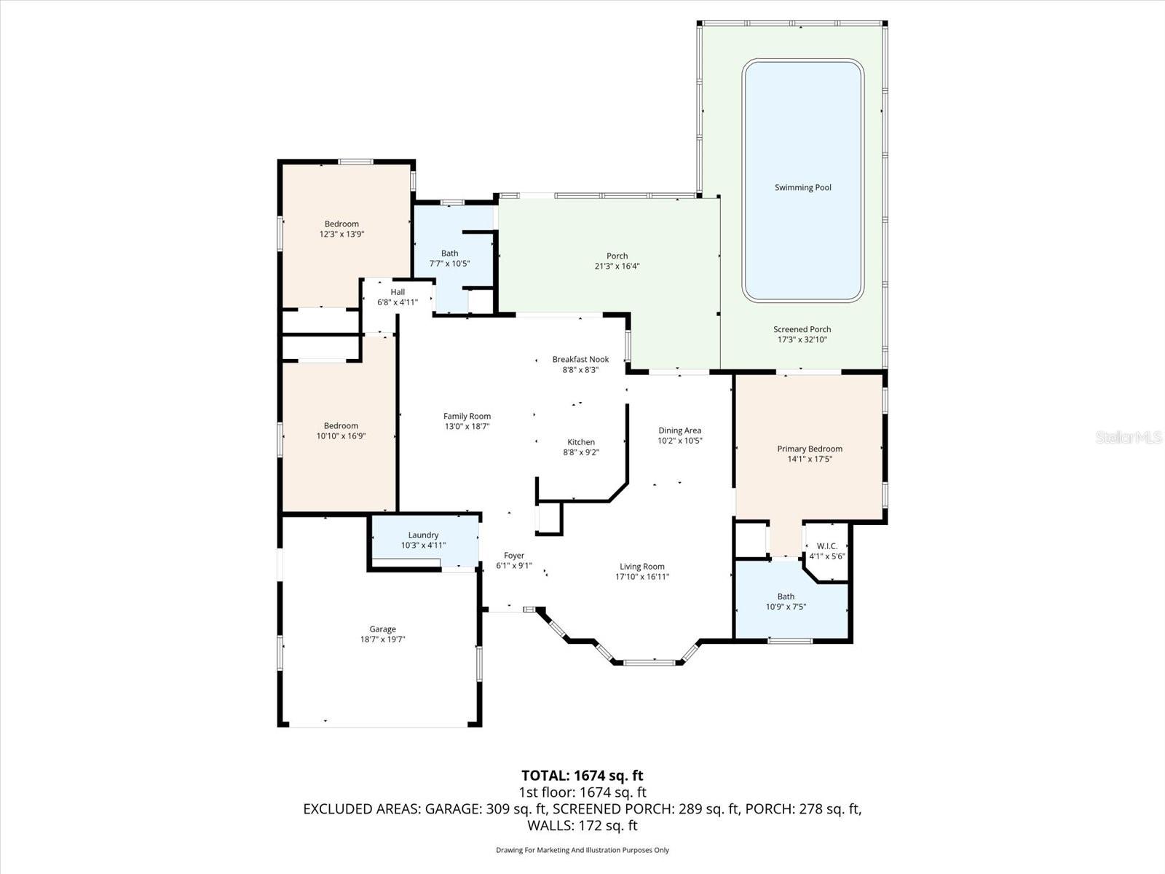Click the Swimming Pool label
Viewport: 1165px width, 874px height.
(802, 188)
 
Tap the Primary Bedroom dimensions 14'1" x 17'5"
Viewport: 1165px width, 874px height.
(809, 460)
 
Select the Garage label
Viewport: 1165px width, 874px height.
(382, 629)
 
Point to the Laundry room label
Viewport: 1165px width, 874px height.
(423, 535)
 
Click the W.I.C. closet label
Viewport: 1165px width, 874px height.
(826, 546)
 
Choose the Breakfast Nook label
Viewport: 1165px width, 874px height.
(580, 360)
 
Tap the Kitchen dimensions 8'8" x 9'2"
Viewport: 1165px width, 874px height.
(580, 452)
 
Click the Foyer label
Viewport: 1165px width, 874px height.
(514, 556)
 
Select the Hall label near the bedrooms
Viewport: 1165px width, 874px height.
(398, 292)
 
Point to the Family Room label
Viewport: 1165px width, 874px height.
(467, 417)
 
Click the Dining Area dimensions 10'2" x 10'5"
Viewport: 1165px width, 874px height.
(679, 441)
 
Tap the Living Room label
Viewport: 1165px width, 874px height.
(641, 567)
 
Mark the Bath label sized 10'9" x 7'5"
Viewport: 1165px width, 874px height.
(786, 597)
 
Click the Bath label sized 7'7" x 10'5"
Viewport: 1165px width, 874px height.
(449, 253)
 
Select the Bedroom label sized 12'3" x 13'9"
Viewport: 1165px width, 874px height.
(341, 224)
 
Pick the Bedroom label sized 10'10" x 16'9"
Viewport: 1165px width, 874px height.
(341, 426)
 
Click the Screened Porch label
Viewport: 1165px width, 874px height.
(802, 329)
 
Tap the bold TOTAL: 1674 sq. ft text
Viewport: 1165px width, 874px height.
(582, 776)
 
